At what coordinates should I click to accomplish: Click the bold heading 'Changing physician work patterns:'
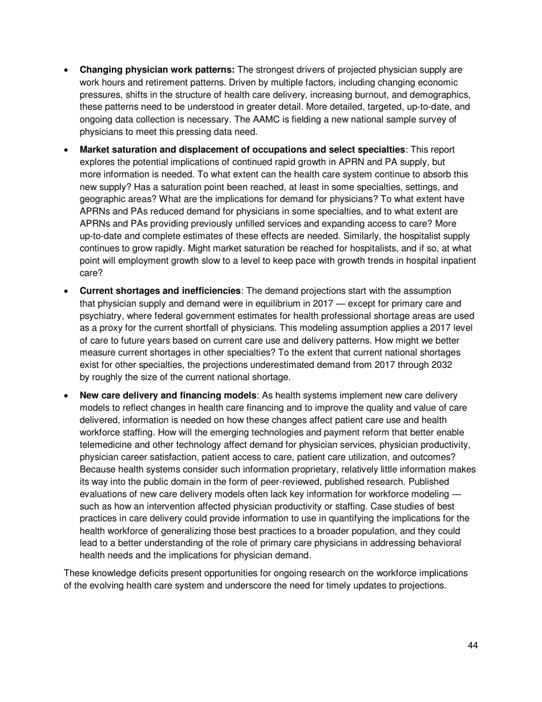click(157, 70)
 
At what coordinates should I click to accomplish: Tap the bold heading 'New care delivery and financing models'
click(168, 396)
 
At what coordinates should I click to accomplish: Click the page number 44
click(472, 645)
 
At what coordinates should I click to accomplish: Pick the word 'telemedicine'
click(106, 445)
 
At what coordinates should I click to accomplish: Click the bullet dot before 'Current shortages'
click(67, 292)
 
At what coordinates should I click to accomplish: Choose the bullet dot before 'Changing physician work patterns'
click(67, 71)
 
